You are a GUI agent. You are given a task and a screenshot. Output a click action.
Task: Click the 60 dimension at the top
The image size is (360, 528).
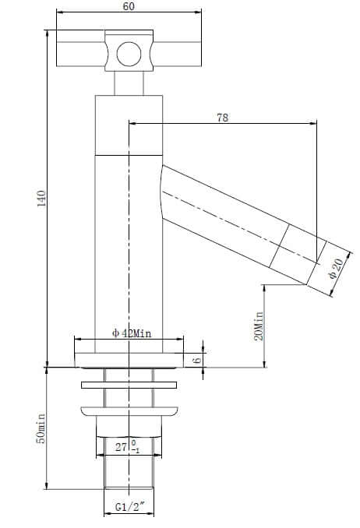(x=129, y=7)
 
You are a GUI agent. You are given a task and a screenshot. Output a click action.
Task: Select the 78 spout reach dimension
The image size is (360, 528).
(x=222, y=117)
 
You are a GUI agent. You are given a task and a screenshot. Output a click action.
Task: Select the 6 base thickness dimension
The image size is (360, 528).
(x=197, y=360)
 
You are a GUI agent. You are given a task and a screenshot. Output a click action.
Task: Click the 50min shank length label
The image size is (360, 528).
(x=41, y=428)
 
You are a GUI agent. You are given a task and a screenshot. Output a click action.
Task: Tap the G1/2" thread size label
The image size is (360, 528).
(x=128, y=507)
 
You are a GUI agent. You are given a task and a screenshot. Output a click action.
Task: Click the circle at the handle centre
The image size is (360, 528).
(x=129, y=54)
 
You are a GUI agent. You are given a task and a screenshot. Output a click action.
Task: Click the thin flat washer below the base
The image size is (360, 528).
(x=129, y=384)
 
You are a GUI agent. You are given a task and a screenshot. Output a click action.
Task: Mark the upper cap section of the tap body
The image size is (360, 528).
(x=129, y=125)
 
